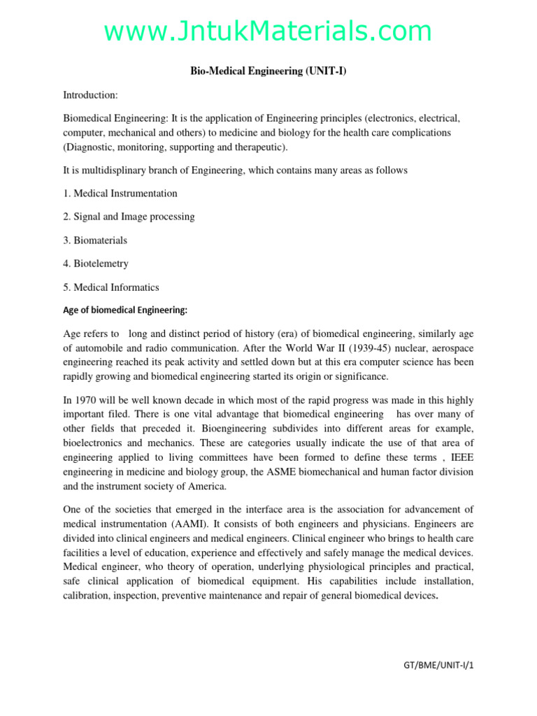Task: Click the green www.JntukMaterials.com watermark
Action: (x=268, y=31)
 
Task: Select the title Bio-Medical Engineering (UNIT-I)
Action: (x=268, y=71)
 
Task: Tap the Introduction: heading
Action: (x=91, y=94)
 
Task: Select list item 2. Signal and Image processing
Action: (x=129, y=217)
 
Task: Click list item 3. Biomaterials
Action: (x=95, y=240)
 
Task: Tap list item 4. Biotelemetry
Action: (x=96, y=264)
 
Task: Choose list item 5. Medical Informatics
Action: (x=111, y=287)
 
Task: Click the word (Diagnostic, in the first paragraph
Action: (x=91, y=147)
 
